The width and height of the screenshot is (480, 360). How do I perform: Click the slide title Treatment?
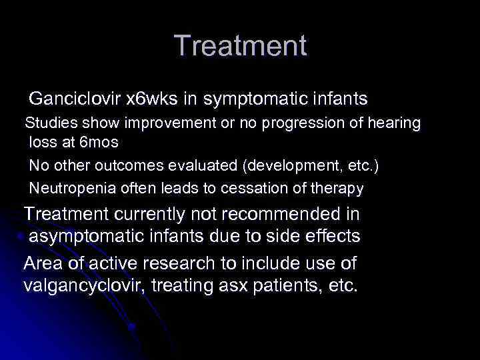tap(240, 46)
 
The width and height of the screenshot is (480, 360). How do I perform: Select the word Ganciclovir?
tap(75, 99)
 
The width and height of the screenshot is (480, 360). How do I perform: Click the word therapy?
tap(337, 189)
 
